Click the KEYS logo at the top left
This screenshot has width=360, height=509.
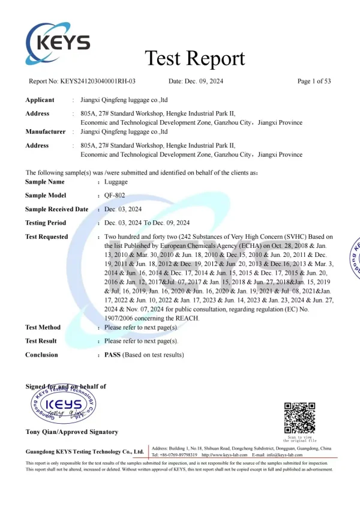point(58,41)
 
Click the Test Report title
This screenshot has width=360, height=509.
point(195,58)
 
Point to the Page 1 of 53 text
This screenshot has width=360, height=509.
point(314,81)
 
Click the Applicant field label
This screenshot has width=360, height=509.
point(40,100)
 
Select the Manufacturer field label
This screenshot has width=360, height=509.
point(45,131)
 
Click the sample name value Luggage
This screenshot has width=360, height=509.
point(116,181)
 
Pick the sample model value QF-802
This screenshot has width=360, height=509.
point(115,195)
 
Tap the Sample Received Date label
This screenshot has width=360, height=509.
point(56,209)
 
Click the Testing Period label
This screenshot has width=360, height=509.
point(46,223)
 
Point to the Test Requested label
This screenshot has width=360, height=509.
point(46,236)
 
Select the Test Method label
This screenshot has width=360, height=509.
point(43,327)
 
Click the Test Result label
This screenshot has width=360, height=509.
point(41,341)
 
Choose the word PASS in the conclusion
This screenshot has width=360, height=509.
point(113,355)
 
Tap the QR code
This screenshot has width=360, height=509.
point(299,418)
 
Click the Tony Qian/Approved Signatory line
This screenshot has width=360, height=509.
point(71,432)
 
